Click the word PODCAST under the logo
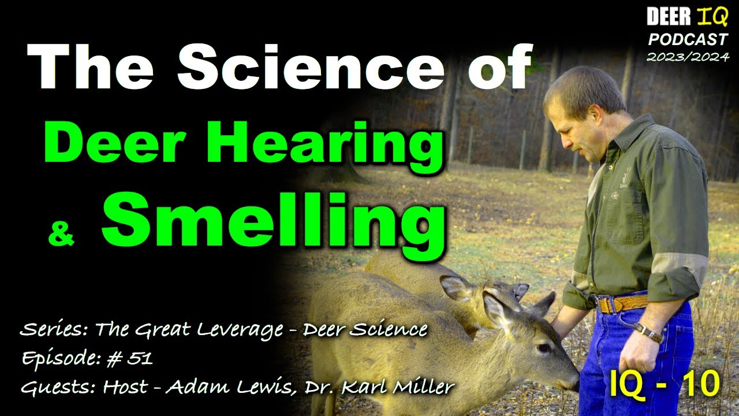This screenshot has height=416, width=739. pos(687,40)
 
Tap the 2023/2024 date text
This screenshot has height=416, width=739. pos(687,57)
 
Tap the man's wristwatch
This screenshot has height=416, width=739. pos(649,332)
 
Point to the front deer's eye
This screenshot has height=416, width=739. pos(543,348)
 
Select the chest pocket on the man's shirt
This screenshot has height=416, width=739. pos(626,205)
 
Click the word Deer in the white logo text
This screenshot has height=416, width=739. pos(667,18)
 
